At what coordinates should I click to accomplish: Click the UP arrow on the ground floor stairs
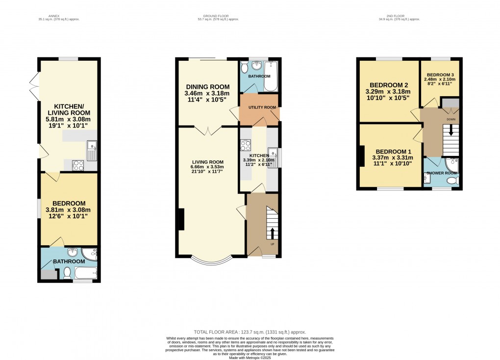(x=273, y=232)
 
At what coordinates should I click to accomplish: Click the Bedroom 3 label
(x=441, y=74)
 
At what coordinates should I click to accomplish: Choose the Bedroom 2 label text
(x=389, y=84)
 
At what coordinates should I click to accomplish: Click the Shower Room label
(x=442, y=174)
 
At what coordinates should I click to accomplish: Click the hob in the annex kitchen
(x=78, y=165)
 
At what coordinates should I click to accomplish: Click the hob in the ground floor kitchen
(x=245, y=146)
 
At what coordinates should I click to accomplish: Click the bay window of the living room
(x=212, y=260)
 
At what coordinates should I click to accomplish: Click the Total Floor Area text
(x=250, y=332)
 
